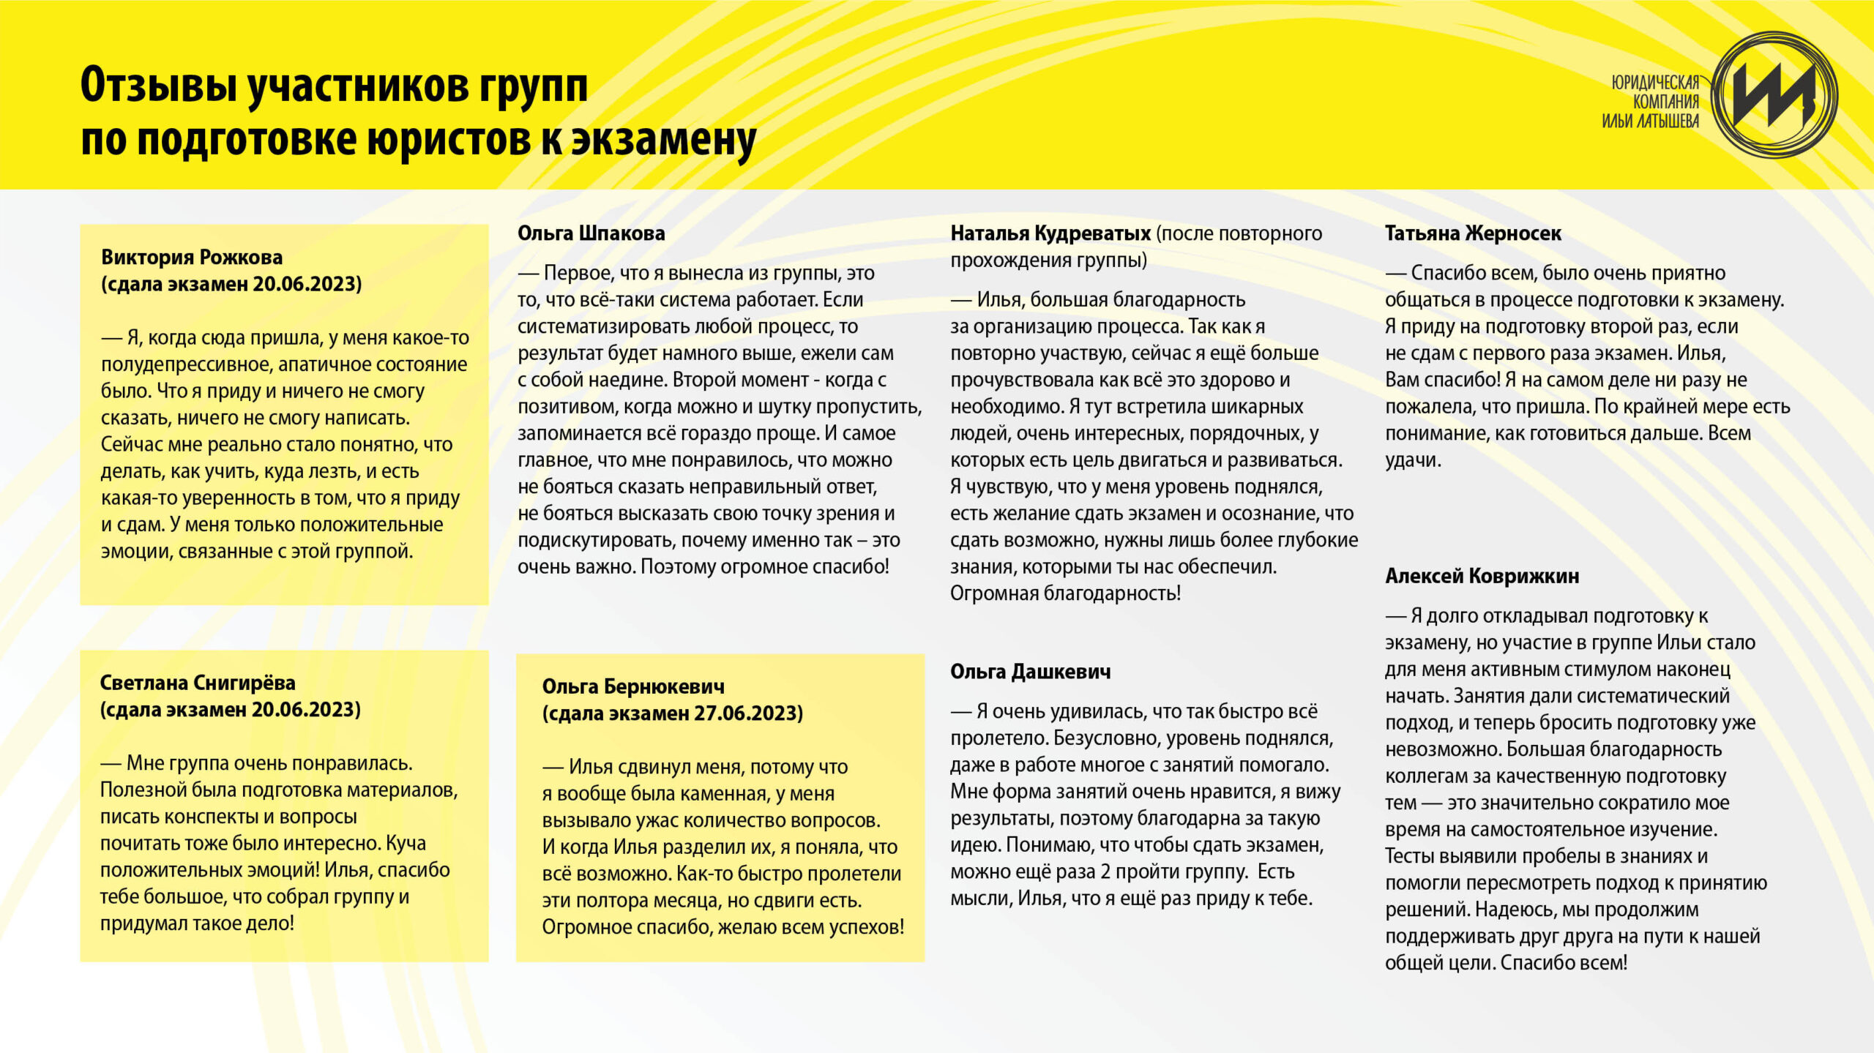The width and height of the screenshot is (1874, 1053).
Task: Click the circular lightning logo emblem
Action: click(x=1774, y=94)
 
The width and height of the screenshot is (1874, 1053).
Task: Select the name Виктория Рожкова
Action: click(x=192, y=258)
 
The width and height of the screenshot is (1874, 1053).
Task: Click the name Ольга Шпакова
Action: click(x=591, y=233)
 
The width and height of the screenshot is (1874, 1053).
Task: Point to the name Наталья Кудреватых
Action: click(x=1050, y=233)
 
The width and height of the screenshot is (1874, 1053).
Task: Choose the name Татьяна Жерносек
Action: click(x=1473, y=233)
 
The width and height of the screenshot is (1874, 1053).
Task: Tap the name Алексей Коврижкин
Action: click(x=1482, y=577)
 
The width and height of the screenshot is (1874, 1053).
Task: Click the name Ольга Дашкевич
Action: click(x=1030, y=672)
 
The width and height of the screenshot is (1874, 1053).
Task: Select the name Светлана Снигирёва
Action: click(x=198, y=683)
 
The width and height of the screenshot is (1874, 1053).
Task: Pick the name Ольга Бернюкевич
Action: click(x=633, y=686)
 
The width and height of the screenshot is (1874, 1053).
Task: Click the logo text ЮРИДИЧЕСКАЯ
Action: click(x=1655, y=83)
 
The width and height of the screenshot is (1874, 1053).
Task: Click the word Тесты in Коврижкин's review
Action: click(x=1409, y=856)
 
